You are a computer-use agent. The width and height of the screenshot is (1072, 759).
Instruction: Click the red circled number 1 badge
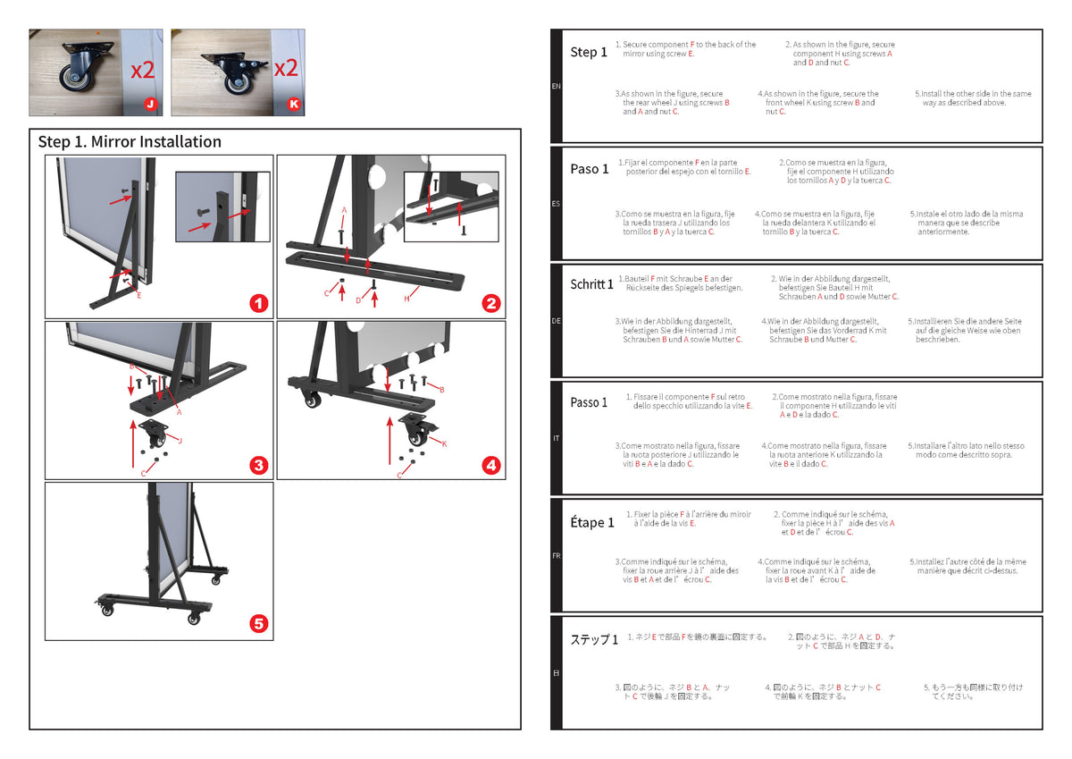(x=259, y=304)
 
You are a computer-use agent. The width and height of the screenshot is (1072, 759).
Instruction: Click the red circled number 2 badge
(x=491, y=304)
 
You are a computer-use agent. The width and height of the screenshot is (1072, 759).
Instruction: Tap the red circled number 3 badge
(x=259, y=465)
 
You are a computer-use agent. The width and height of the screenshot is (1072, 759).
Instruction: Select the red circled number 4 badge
(x=491, y=465)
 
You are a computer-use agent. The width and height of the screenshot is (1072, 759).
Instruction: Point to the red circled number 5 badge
(x=259, y=623)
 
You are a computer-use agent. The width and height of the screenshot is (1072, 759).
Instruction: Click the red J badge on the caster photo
(x=151, y=104)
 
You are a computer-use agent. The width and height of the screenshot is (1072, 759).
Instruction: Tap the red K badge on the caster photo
(x=294, y=104)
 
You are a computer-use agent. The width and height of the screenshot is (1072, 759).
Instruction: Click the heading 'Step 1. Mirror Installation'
(x=130, y=142)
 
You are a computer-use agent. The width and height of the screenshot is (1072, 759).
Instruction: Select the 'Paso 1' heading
(x=589, y=169)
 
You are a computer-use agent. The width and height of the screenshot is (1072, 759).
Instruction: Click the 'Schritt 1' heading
(x=591, y=284)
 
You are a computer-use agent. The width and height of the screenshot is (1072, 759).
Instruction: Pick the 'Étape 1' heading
(x=592, y=522)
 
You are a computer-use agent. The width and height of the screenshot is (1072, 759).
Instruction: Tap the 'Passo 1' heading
(x=589, y=402)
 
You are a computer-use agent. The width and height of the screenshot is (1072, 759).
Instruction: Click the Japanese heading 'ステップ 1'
(x=594, y=639)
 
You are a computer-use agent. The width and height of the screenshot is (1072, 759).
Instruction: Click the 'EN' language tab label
(x=556, y=86)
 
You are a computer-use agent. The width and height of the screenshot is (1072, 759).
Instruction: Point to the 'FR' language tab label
(x=556, y=556)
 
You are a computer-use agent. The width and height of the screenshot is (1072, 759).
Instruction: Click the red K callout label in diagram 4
(x=444, y=444)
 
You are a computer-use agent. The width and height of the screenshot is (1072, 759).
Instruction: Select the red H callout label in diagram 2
(x=406, y=299)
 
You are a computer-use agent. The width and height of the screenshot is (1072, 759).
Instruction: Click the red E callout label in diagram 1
(x=138, y=296)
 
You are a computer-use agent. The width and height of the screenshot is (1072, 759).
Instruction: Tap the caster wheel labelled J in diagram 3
(x=153, y=434)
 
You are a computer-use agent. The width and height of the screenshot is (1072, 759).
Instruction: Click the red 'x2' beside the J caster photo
(x=143, y=70)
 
